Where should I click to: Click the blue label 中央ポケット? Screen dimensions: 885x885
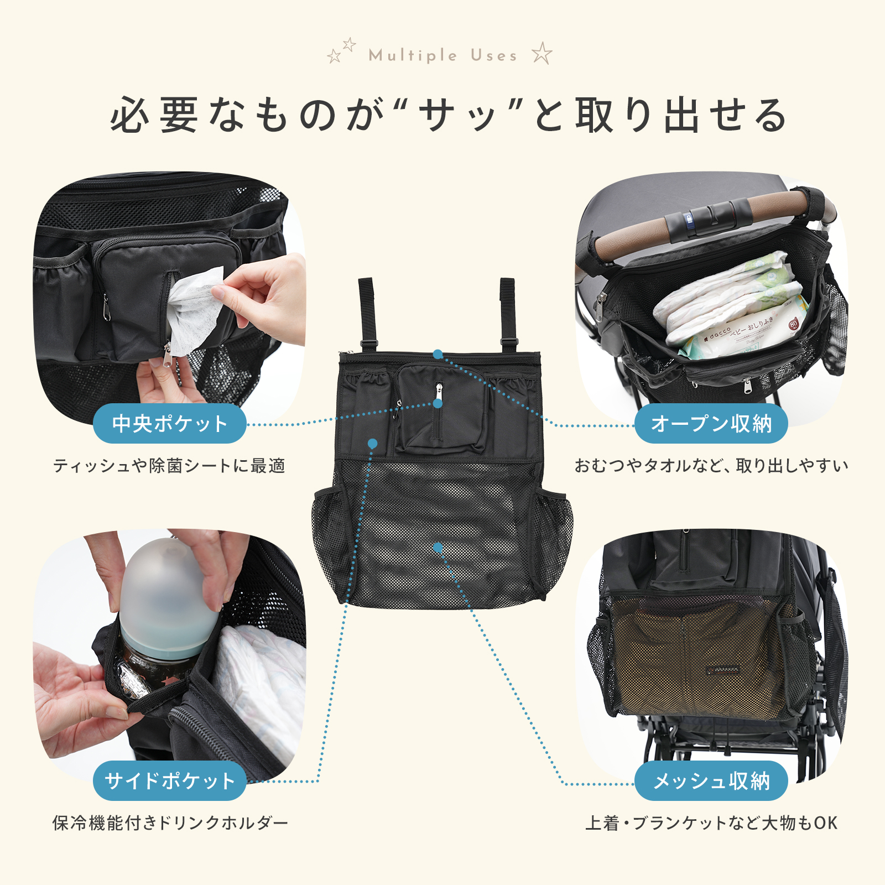169,424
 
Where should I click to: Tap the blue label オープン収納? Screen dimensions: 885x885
711,424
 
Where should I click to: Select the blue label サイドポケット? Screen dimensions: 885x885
169,780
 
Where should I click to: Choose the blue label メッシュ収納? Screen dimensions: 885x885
711,780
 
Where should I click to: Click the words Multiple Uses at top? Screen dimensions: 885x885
442,55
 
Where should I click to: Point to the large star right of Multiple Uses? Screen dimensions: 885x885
542,54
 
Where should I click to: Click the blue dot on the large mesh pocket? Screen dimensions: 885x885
438,547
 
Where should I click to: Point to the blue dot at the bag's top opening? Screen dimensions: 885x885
438,354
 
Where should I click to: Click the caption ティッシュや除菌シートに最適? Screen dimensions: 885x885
169,466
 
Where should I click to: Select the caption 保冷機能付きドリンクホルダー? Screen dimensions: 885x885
170,823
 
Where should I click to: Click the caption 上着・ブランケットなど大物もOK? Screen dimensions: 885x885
711,823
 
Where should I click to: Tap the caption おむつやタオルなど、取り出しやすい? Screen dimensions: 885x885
711,466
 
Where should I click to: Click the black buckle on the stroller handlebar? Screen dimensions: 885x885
708,219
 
